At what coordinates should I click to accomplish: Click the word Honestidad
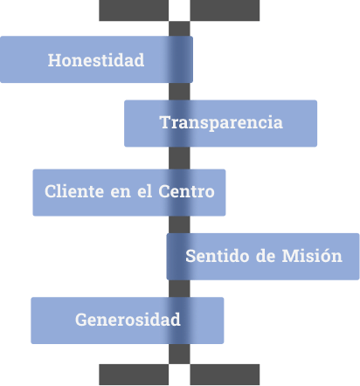[96, 60]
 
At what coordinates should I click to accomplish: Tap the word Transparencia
[221, 122]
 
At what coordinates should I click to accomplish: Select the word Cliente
[74, 191]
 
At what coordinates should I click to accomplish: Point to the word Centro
[186, 191]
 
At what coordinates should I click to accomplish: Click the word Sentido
[218, 256]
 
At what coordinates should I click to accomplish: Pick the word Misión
[312, 256]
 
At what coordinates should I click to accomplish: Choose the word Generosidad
[128, 320]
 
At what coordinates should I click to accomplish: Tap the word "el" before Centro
[144, 191]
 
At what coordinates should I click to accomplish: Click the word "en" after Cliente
[121, 193]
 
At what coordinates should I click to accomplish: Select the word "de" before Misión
[266, 256]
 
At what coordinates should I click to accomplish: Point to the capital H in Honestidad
[54, 60]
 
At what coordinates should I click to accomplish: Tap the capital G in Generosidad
[81, 320]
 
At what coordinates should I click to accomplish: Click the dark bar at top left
[134, 10]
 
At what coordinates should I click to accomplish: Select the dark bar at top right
[225, 10]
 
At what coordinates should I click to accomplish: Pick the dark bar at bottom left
[134, 375]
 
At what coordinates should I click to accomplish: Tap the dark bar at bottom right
[225, 375]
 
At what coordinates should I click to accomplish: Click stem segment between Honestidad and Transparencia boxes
[179, 92]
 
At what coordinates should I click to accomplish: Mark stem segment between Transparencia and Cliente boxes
[179, 158]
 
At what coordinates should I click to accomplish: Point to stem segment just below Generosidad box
[179, 354]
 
